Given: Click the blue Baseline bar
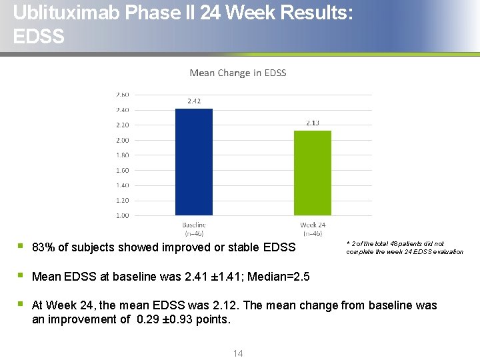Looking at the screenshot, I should point(193,162).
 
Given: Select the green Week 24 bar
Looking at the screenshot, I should point(313,173).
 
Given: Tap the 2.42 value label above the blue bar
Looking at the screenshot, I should point(194,101).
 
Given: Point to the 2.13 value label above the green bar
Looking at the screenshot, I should point(313,123).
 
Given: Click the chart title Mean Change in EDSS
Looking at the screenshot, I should point(238,73).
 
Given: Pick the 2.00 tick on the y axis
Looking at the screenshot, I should point(122,140).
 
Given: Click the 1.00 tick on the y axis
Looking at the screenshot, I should point(122,215).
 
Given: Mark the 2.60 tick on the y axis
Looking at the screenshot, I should point(122,95).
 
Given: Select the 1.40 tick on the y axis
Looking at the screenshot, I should point(122,185).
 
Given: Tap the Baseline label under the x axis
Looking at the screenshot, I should point(194,225).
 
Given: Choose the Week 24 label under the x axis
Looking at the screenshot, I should point(313,225).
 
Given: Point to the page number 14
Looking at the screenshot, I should point(238,353).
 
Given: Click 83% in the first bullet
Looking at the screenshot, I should point(43,247).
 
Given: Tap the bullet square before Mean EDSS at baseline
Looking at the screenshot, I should point(21,275).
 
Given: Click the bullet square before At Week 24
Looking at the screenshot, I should point(21,304).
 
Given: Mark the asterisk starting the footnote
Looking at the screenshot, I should point(348,243).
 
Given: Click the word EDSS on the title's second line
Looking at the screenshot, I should point(39,36).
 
